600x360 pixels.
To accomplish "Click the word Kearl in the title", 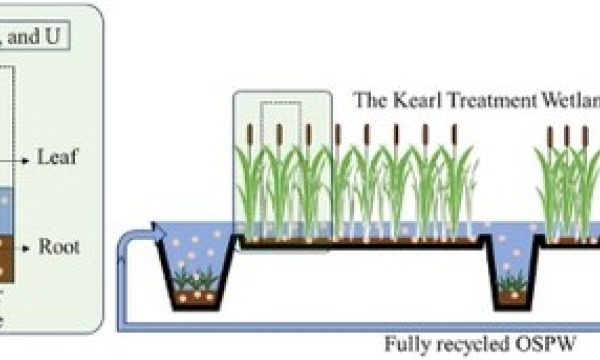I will coord(411,100).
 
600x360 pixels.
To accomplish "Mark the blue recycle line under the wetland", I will coord(300,327).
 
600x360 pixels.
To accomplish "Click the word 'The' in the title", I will coord(370,100).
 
